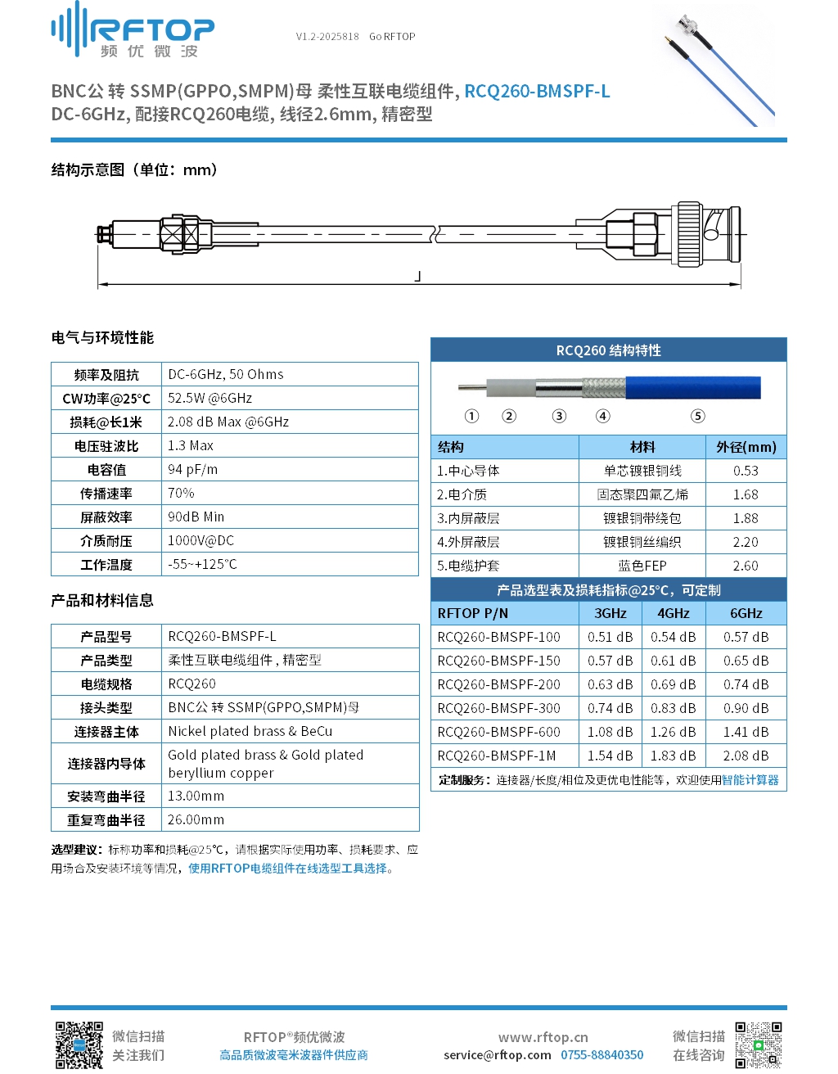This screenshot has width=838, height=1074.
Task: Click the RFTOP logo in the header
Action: click(x=133, y=31)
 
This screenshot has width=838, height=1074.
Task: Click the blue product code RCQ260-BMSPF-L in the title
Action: click(x=537, y=92)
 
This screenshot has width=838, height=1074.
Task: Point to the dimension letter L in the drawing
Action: click(x=418, y=277)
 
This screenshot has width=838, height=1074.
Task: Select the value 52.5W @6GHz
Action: click(x=209, y=399)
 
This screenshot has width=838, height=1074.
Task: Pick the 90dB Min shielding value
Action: click(x=196, y=517)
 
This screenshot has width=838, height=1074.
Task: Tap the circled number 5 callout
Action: click(x=697, y=416)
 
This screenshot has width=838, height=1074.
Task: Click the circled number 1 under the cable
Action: click(x=471, y=416)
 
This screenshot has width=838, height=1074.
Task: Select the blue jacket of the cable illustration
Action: click(x=692, y=387)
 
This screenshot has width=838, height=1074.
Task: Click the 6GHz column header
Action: click(x=746, y=614)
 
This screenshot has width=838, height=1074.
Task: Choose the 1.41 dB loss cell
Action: click(x=746, y=733)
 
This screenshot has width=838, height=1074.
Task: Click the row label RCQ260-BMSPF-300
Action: click(x=498, y=709)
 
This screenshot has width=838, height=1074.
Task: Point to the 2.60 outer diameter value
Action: click(x=745, y=566)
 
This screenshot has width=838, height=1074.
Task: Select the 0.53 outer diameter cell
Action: click(x=745, y=472)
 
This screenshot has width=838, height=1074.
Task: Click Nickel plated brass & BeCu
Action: click(x=250, y=732)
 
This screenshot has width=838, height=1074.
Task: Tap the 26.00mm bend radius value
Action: click(x=196, y=820)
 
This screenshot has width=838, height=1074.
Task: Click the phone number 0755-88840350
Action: click(x=601, y=1055)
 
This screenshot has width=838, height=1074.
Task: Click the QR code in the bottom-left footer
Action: click(x=79, y=1045)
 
